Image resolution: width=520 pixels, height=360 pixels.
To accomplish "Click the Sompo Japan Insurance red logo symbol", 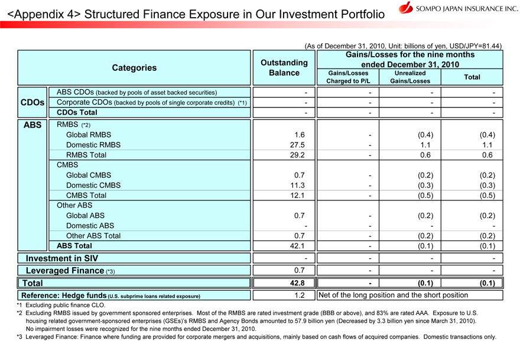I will pyautogui.click(x=406, y=8).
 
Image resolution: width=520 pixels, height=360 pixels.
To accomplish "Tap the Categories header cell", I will pyautogui.click(x=134, y=67).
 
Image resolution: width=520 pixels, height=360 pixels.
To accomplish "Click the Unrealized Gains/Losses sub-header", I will pyautogui.click(x=409, y=77).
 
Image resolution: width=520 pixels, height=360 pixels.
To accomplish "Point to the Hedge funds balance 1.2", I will pyautogui.click(x=299, y=295).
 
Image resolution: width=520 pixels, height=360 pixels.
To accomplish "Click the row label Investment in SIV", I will pyautogui.click(x=61, y=258).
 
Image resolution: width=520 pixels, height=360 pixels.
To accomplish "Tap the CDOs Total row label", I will pyautogui.click(x=77, y=112).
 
